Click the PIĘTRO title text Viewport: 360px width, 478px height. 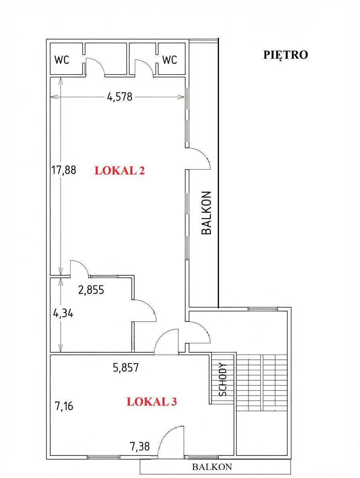click(x=285, y=55)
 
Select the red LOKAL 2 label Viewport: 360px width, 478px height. click(x=120, y=170)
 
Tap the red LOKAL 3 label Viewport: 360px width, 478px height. click(x=152, y=402)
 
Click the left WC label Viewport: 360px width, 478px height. click(x=62, y=59)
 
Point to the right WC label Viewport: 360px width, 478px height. click(x=170, y=59)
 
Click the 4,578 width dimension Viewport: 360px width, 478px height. click(x=120, y=97)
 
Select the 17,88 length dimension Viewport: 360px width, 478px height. click(x=63, y=170)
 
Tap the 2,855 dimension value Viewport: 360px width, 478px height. click(x=91, y=289)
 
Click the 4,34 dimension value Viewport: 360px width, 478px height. click(x=63, y=314)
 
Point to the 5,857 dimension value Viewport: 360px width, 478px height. click(x=126, y=367)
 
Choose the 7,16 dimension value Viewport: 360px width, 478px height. click(x=63, y=406)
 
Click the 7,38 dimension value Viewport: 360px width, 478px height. click(x=140, y=447)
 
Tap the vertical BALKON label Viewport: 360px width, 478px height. click(x=207, y=213)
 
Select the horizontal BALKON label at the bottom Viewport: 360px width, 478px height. click(x=212, y=467)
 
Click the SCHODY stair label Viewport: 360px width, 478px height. click(x=223, y=380)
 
